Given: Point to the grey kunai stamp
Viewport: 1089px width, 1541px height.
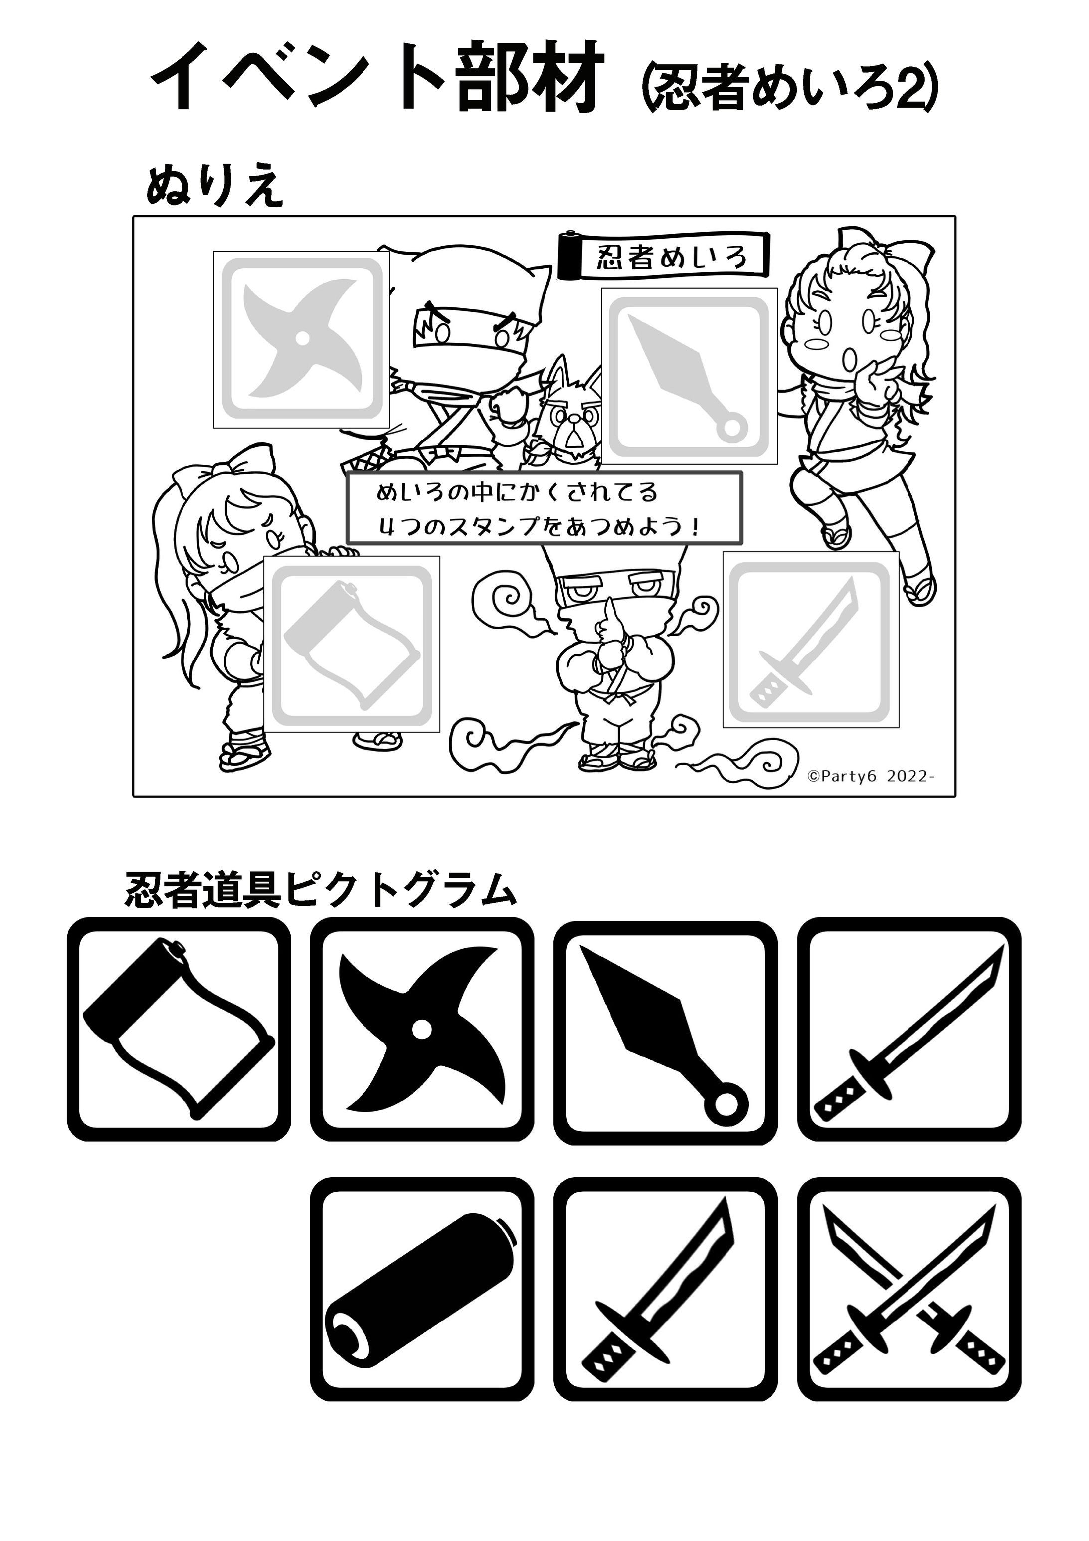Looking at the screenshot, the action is pos(689,376).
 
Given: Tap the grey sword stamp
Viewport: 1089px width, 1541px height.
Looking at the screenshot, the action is pos(811,640).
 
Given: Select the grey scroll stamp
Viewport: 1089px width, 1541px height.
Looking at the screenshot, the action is pos(352,645).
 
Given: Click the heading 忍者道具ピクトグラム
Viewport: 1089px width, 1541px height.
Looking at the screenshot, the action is pos(321,890).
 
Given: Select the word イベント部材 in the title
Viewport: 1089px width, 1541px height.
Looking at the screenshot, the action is pos(374,76).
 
